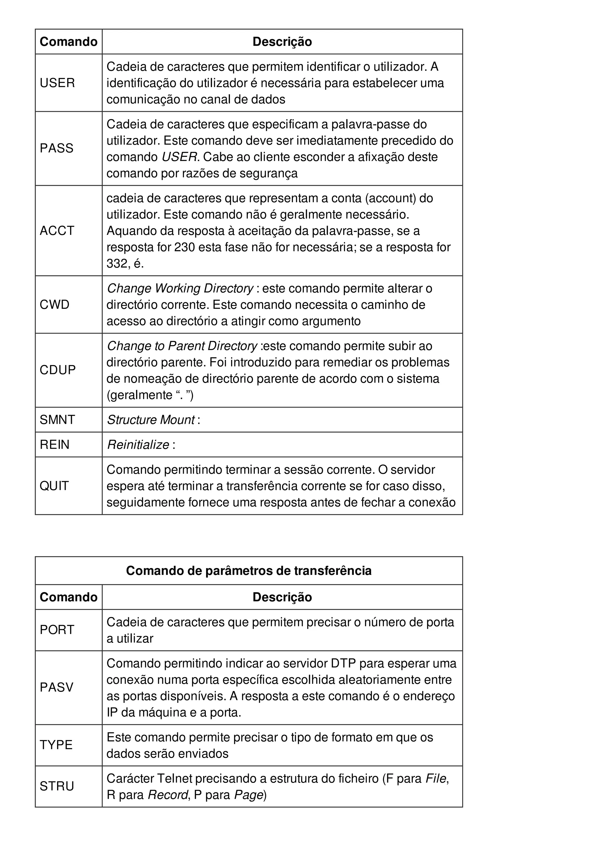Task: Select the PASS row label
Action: click(57, 148)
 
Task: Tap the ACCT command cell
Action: click(57, 231)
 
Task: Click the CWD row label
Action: click(54, 305)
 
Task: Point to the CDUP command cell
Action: click(58, 370)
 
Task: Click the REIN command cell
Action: click(54, 444)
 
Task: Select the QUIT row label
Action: click(54, 486)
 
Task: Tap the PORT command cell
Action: click(57, 630)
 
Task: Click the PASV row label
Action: click(57, 687)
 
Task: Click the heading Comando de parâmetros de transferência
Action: click(249, 571)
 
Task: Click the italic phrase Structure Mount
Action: click(151, 419)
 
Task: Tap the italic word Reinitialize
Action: click(138, 444)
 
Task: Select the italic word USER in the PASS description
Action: click(179, 157)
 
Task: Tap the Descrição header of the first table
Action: click(282, 42)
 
